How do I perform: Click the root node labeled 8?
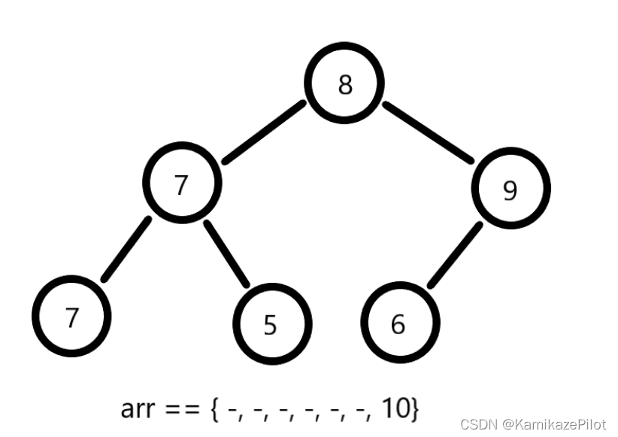pos(345,85)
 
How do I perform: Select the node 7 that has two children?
pos(181,184)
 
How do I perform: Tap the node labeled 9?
pos(510,190)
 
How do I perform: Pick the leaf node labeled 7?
pos(72,317)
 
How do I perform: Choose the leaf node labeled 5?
pos(271,324)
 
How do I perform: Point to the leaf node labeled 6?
pos(398,324)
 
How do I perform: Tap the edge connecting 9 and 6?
pos(454,255)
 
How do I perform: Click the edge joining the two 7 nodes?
pos(126,250)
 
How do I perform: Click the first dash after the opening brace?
pos(232,410)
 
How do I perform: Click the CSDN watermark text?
pos(476,424)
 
